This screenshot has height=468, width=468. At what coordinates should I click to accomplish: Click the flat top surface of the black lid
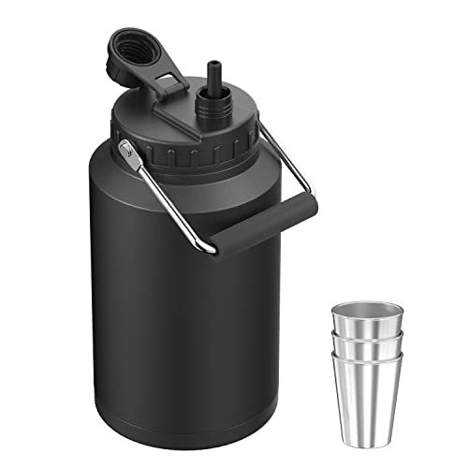[x=159, y=117]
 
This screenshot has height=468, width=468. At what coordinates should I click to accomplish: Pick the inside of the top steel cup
[x=366, y=311]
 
